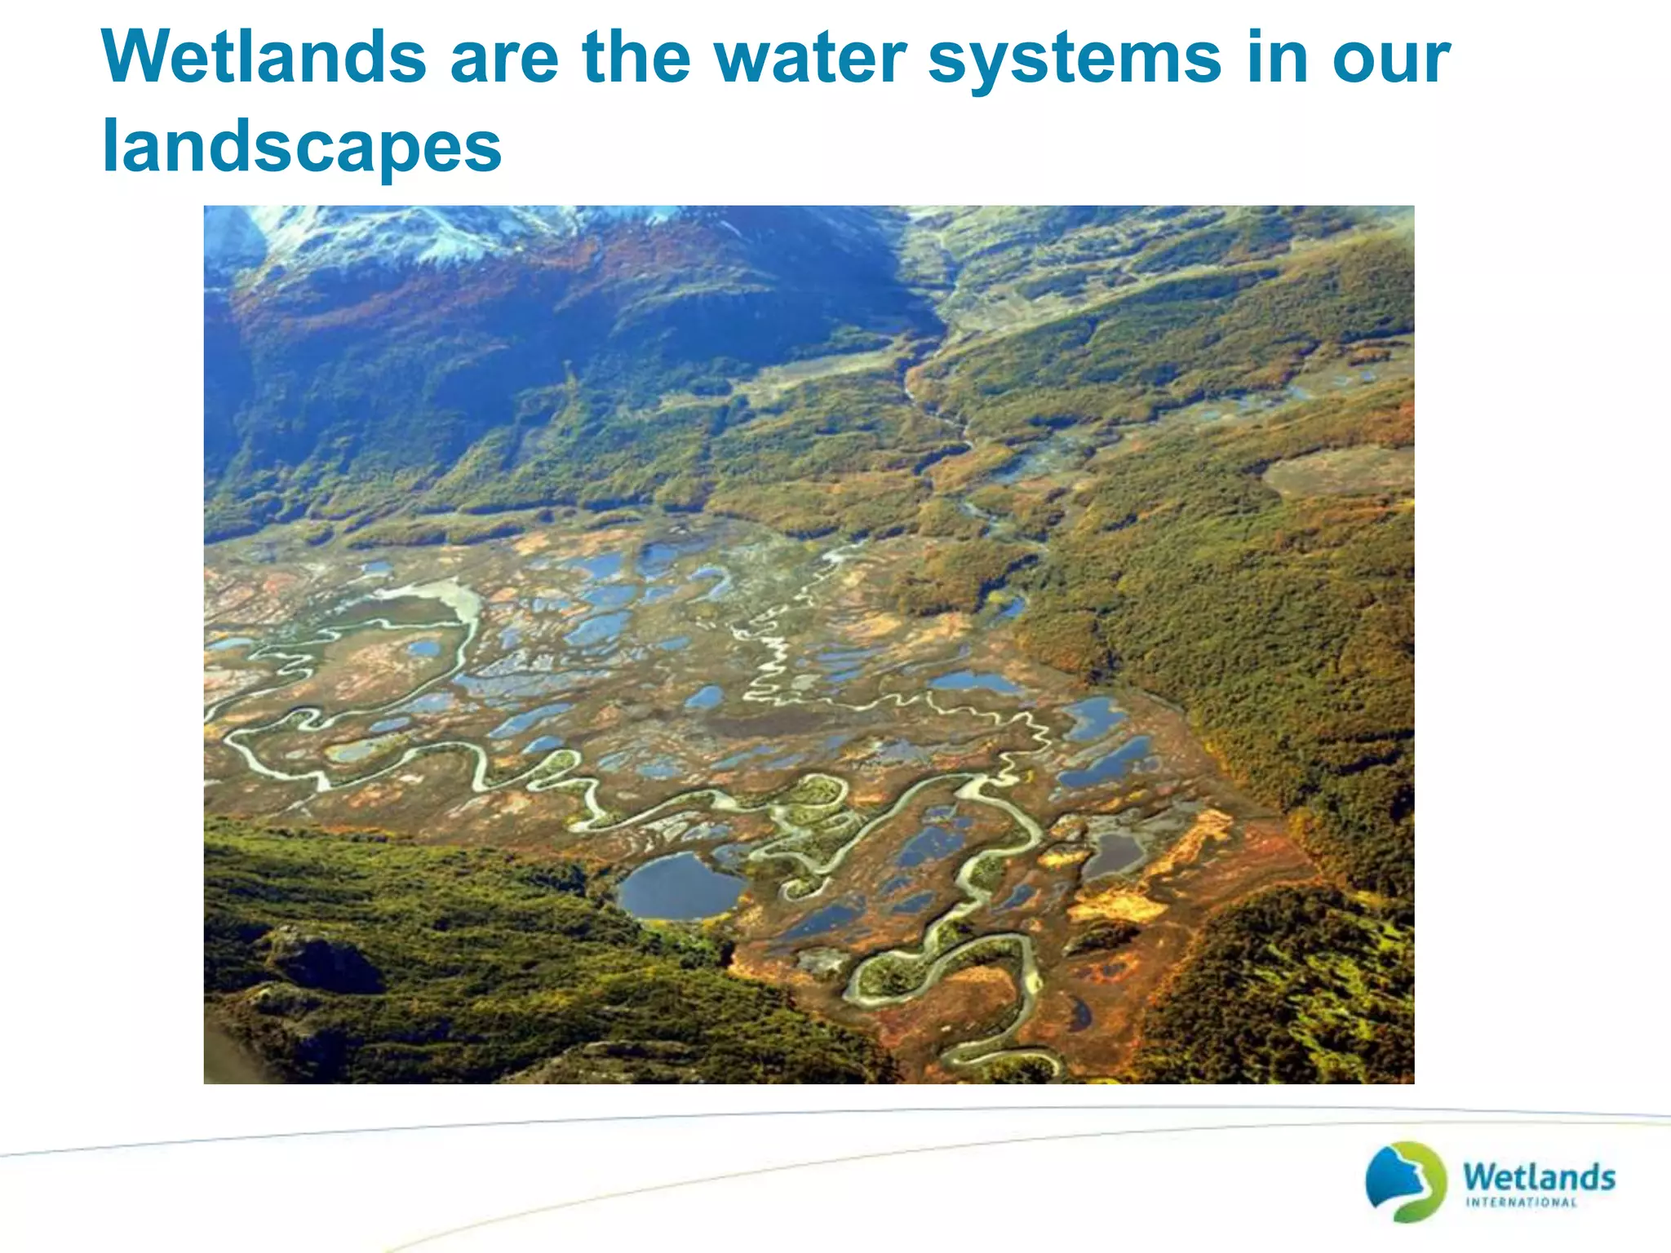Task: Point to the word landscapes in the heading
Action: [301, 146]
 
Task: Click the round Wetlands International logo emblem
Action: [1405, 1180]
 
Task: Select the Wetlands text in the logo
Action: [1538, 1176]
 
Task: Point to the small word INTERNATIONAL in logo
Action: [1521, 1202]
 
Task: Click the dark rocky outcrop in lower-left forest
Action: [326, 963]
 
